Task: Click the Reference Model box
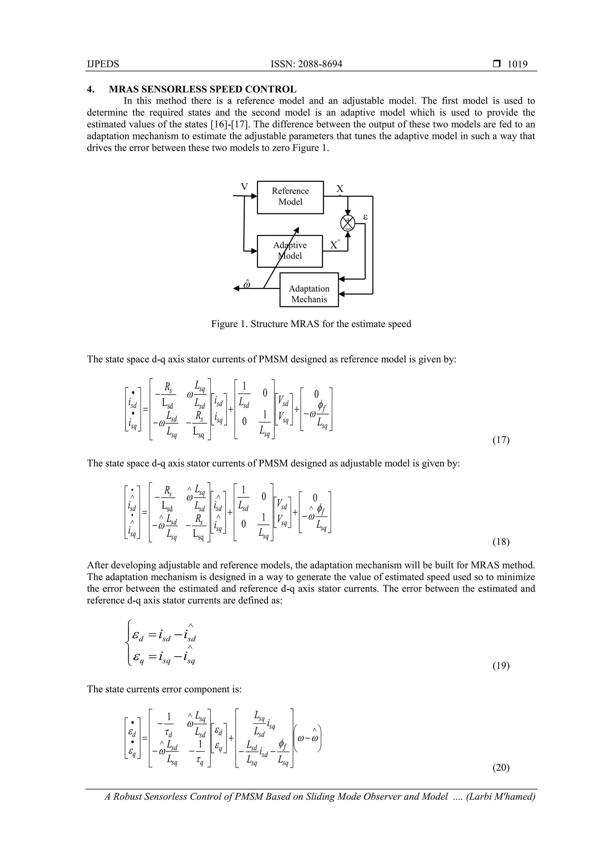pyautogui.click(x=290, y=197)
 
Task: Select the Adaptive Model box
pyautogui.click(x=289, y=251)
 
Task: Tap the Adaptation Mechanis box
pyautogui.click(x=309, y=294)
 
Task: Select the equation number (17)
pyautogui.click(x=501, y=440)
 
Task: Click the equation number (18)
pyautogui.click(x=501, y=542)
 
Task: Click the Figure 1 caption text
pyautogui.click(x=311, y=324)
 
